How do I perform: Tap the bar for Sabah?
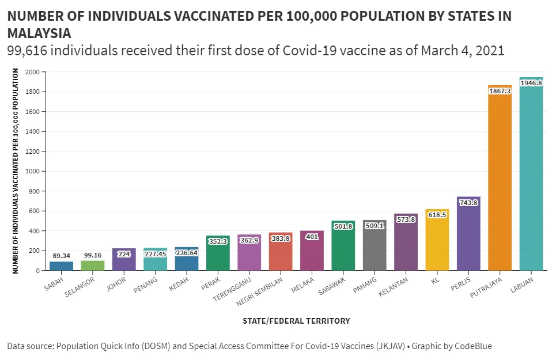point(61,266)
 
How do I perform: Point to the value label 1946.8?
point(531,83)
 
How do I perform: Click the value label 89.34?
point(61,255)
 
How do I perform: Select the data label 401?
point(312,237)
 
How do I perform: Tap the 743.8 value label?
point(468,202)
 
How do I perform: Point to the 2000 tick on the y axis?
point(32,72)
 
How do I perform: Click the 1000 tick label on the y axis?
point(32,171)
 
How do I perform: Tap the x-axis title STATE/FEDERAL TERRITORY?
point(296,321)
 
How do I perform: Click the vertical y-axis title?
point(16,171)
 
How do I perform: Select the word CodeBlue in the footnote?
point(473,346)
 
